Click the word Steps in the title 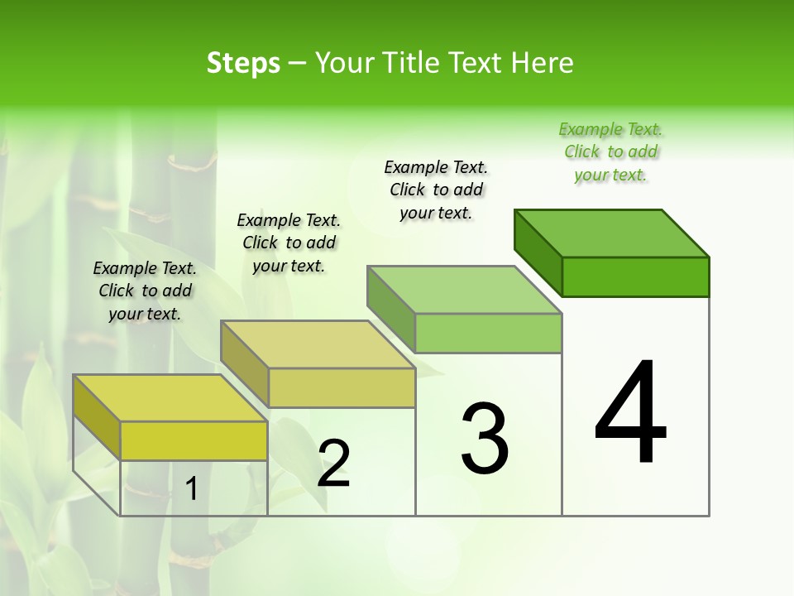point(243,63)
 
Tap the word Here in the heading point(543,63)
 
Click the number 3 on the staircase point(485,438)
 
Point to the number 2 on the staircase point(333,464)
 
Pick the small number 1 point(192,489)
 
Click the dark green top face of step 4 point(612,233)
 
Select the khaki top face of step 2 point(318,344)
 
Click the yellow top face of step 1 point(170,398)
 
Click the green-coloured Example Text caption point(611,152)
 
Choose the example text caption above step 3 point(437,190)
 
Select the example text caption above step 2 point(289,243)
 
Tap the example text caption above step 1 point(145,291)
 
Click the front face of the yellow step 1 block point(194,441)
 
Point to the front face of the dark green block point(635,276)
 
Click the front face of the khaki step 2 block point(342,387)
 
